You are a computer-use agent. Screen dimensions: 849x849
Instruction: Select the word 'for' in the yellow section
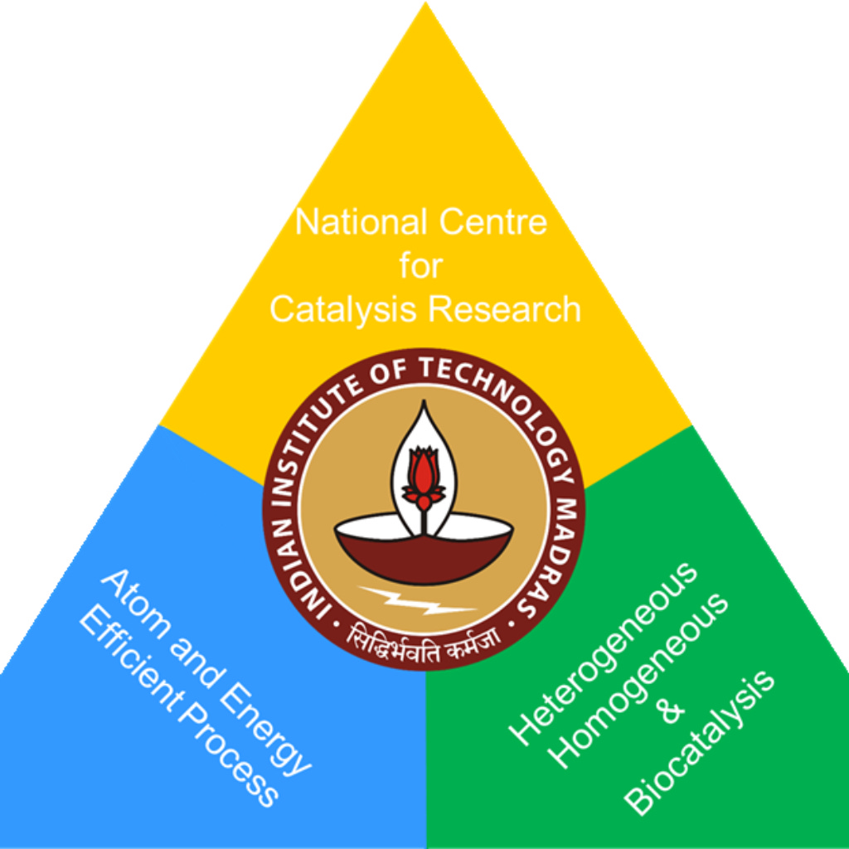pyautogui.click(x=421, y=266)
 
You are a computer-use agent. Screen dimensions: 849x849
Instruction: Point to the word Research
pyautogui.click(x=504, y=309)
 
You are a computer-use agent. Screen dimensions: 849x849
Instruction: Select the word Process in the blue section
pyautogui.click(x=228, y=763)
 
